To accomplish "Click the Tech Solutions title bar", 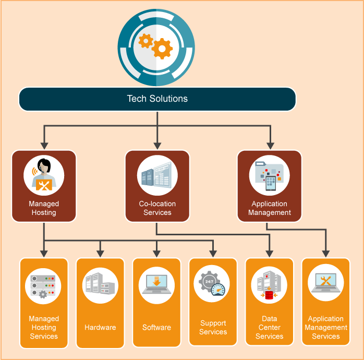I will point(157,99).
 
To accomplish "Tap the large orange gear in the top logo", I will point(162,49).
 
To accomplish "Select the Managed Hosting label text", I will point(44,208).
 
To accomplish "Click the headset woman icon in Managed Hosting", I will point(44,175).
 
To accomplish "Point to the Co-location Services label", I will point(157,208).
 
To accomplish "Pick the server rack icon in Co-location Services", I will point(157,175).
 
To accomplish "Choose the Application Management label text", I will point(270,208).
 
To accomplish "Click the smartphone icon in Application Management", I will point(270,181).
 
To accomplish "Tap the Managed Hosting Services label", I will point(44,328).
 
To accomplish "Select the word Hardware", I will point(100,328).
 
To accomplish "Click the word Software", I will point(156,328).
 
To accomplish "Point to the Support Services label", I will point(213,328).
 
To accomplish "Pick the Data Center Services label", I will point(269,328).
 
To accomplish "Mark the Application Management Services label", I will point(326,328).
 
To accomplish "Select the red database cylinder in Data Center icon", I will point(269,295).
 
